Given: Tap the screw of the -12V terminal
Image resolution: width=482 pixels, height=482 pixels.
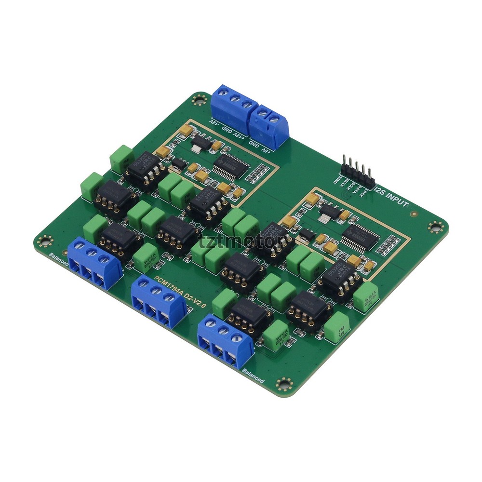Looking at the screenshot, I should [223, 92].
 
